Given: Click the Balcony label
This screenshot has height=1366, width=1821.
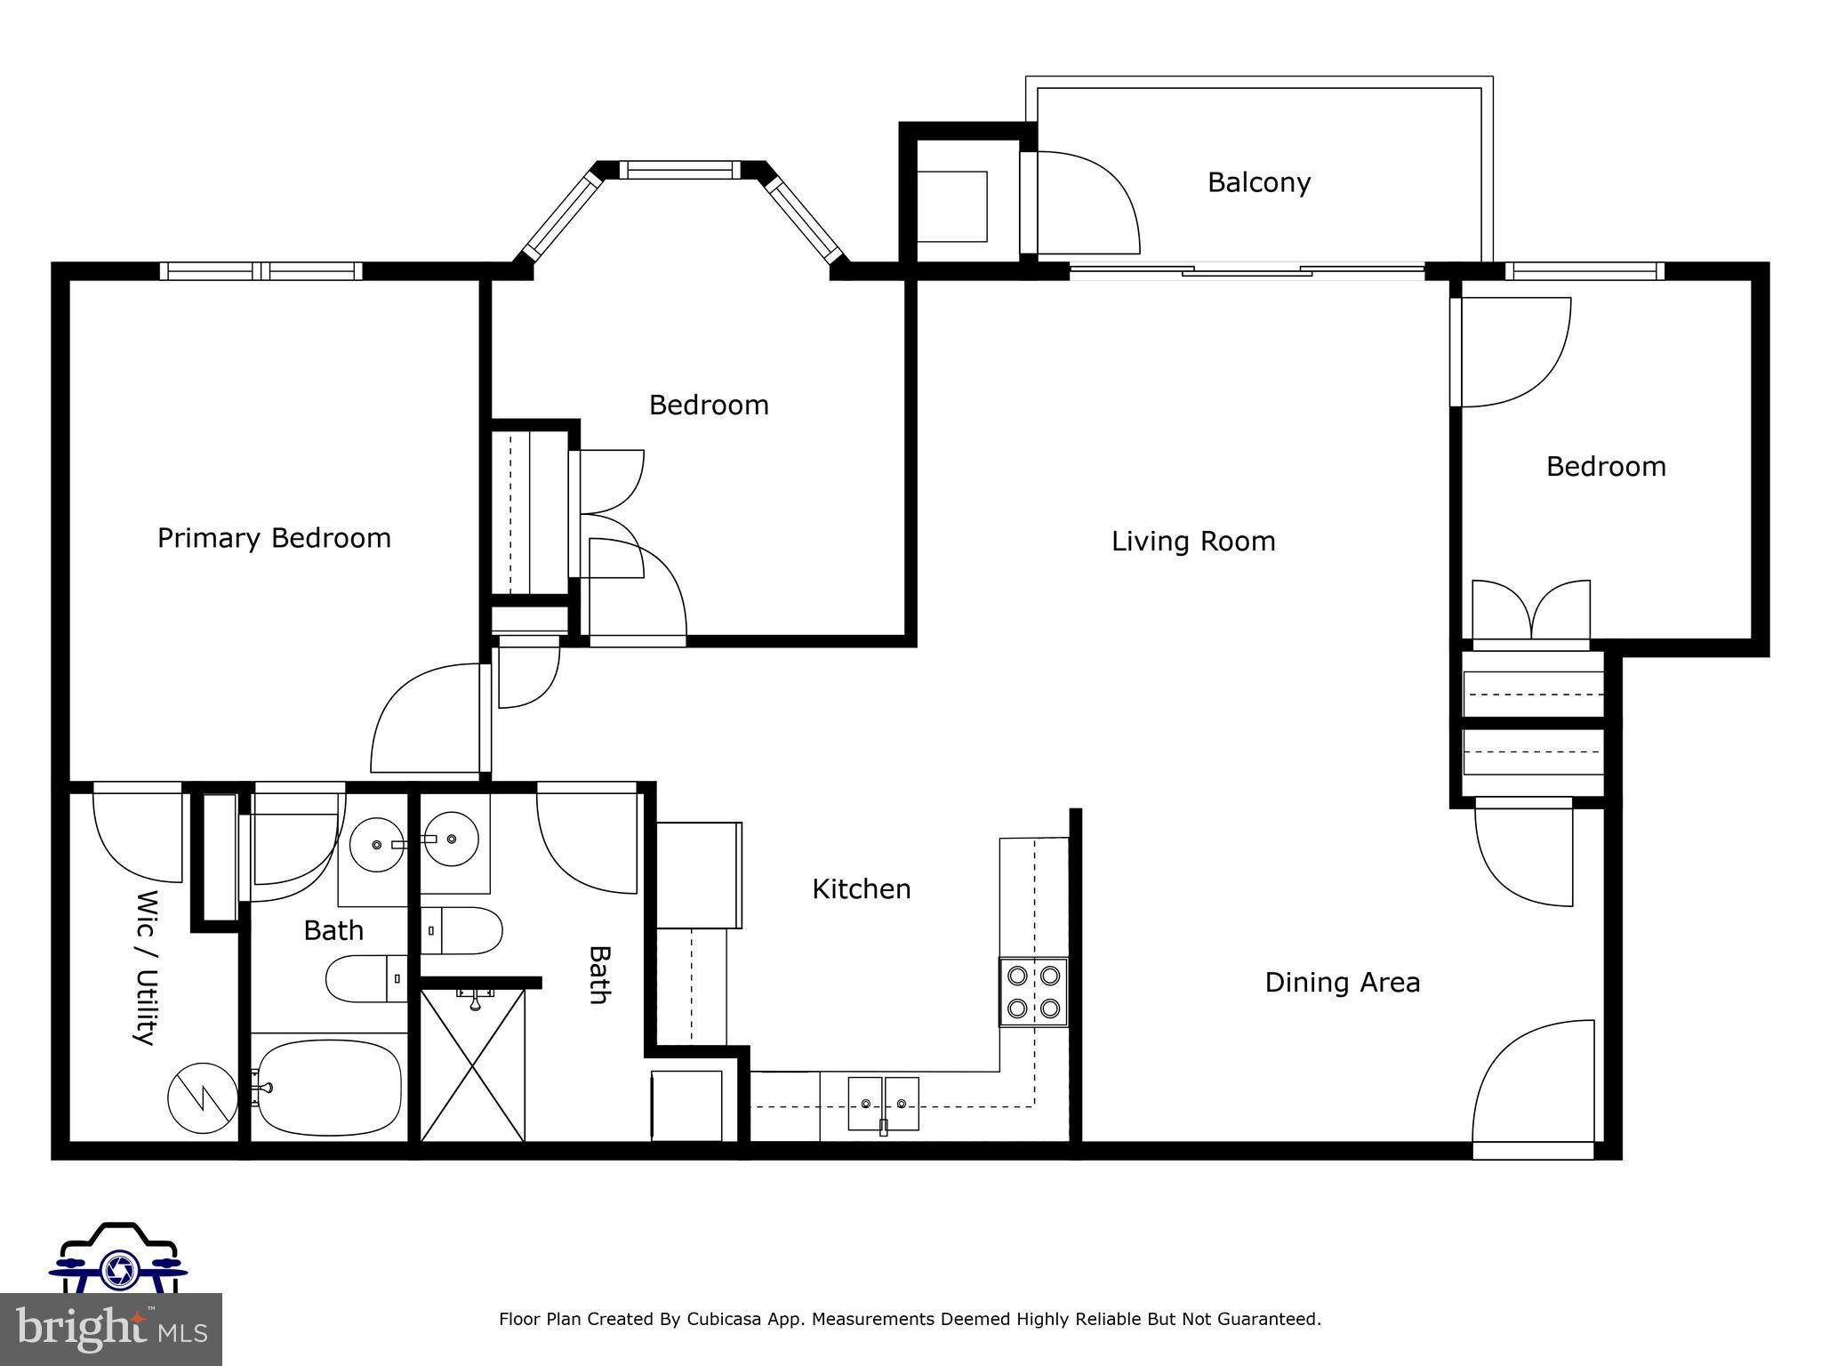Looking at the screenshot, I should click(1258, 182).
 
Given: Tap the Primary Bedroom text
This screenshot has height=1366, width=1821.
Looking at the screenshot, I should click(274, 538).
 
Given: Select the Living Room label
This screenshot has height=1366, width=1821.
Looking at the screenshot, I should click(1193, 541).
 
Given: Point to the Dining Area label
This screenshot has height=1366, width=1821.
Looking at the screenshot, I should click(1342, 983).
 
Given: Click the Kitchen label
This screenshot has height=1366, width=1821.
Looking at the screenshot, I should click(861, 889).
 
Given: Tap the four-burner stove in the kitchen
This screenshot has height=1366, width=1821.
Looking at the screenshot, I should click(1033, 992).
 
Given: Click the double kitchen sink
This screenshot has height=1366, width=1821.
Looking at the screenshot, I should click(883, 1104).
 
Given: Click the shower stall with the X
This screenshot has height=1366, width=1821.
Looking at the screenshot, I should click(472, 1065).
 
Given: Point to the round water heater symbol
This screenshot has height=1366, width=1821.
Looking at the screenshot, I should click(202, 1097).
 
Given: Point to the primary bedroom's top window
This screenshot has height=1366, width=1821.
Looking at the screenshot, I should click(261, 270).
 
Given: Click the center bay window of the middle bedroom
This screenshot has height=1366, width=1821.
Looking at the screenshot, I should click(679, 169).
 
